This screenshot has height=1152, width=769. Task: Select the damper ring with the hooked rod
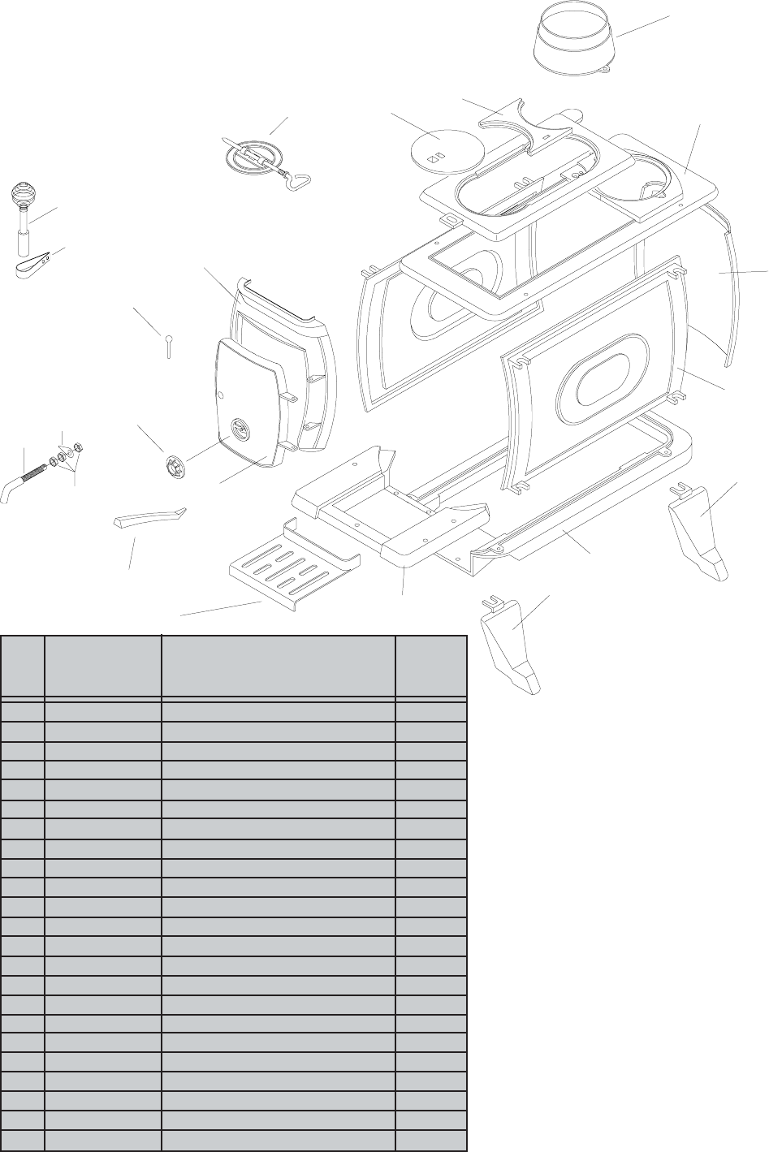pos(252,153)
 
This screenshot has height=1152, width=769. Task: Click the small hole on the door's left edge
pos(221,396)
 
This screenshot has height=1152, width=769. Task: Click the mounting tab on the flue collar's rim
pos(603,71)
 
